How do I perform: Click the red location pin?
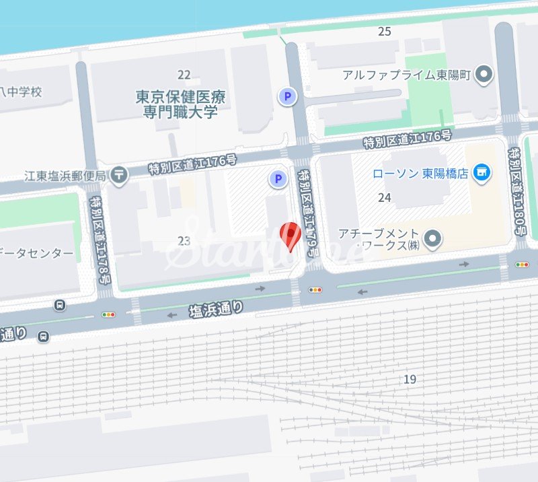pos(290,236)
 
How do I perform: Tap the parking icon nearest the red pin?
pos(276,179)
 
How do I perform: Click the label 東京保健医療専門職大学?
pos(180,104)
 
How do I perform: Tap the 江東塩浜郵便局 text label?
pos(65,176)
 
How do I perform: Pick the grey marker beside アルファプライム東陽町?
pos(484,75)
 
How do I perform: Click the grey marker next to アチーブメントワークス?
pos(434,238)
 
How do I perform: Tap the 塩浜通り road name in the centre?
pos(216,310)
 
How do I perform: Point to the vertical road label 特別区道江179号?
pos(308,213)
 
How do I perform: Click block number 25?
pos(385,31)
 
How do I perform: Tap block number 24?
pos(385,197)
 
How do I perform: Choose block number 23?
pos(184,241)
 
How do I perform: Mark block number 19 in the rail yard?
pos(410,380)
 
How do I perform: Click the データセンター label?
pos(37,253)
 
